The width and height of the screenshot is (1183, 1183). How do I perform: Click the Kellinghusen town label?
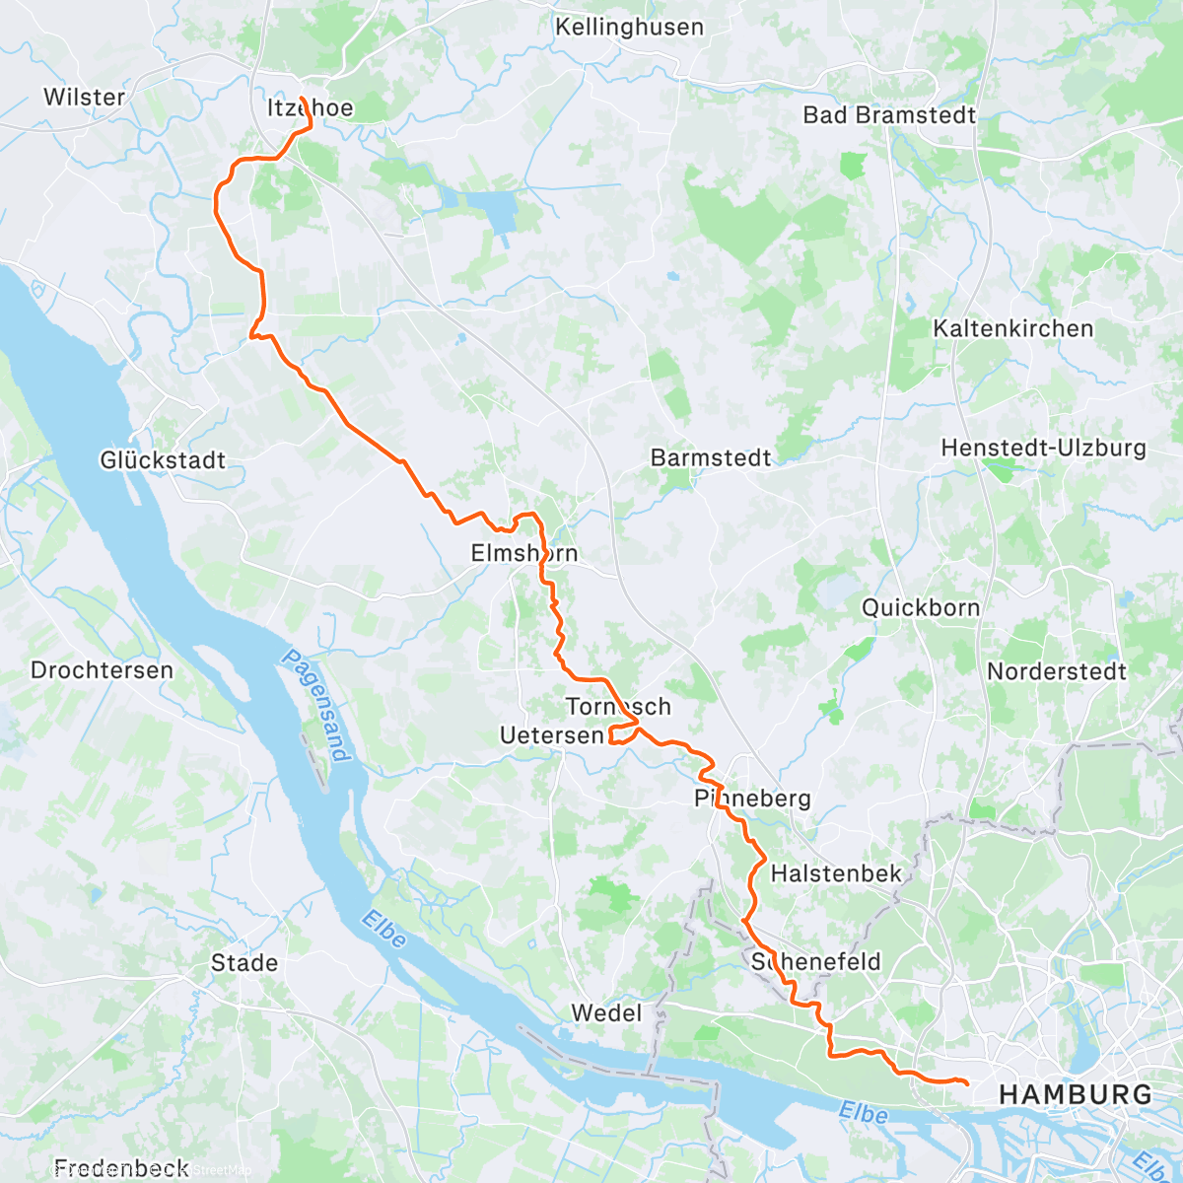(x=629, y=27)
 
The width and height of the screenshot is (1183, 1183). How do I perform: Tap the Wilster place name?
(x=84, y=97)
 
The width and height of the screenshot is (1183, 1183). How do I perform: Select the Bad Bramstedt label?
(x=889, y=114)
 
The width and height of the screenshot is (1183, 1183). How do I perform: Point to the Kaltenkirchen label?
(x=1013, y=328)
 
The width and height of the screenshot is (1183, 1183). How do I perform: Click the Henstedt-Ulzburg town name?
(x=1043, y=448)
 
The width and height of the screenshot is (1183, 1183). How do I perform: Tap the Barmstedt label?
(x=711, y=457)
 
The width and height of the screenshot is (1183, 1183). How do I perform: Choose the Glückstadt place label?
(x=163, y=459)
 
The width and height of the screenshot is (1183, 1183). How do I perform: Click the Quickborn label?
(x=921, y=607)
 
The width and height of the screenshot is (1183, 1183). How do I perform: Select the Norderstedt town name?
(x=1056, y=671)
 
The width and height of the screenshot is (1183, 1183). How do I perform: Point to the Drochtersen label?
(x=102, y=670)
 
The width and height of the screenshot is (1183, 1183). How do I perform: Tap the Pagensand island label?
(x=316, y=705)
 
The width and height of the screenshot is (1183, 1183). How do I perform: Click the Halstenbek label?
(x=836, y=872)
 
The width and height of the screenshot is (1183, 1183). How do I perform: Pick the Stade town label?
(x=244, y=962)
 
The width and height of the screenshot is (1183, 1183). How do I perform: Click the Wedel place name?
(x=606, y=1012)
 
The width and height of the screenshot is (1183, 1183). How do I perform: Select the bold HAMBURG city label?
(x=1075, y=1094)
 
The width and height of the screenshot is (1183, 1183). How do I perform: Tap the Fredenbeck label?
(x=120, y=1168)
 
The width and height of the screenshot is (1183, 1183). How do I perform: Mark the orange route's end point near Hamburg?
(x=966, y=1083)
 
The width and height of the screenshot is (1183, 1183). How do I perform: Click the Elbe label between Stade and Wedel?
(x=383, y=930)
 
